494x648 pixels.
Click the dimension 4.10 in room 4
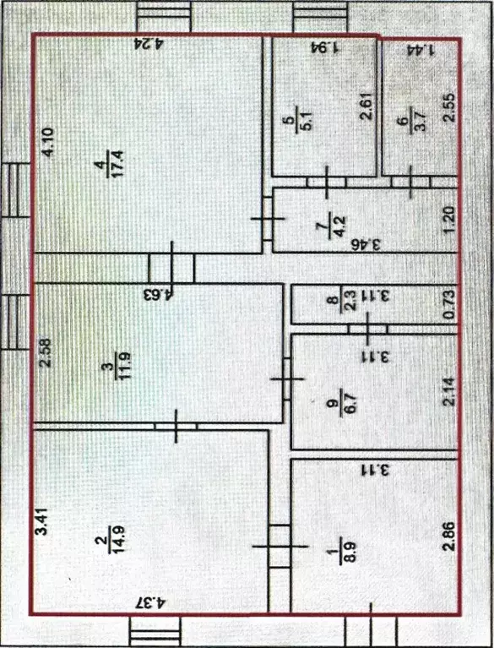pyautogui.click(x=48, y=143)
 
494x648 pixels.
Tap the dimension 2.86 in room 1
pyautogui.click(x=448, y=536)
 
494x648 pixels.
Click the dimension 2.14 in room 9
pyautogui.click(x=449, y=391)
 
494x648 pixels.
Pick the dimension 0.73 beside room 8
pyautogui.click(x=449, y=305)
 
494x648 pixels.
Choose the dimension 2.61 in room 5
pyautogui.click(x=366, y=105)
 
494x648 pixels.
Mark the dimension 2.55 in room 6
pyautogui.click(x=449, y=107)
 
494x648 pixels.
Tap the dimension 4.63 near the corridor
pyautogui.click(x=158, y=294)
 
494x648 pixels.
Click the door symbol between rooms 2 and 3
pyautogui.click(x=176, y=426)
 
